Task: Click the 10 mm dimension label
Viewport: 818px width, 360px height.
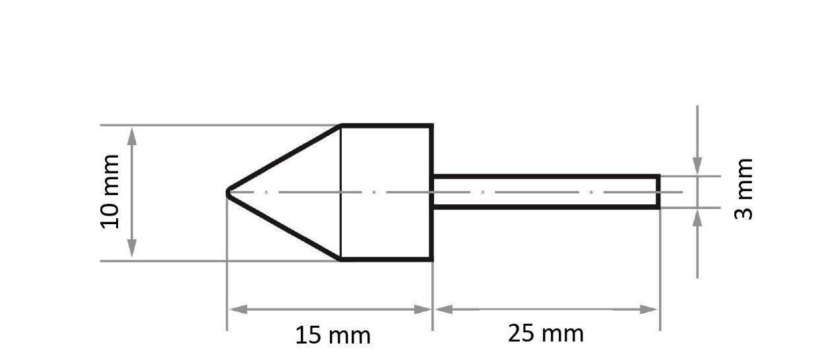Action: (110, 191)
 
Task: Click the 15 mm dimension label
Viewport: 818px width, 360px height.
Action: (332, 336)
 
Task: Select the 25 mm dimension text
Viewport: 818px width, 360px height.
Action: (546, 334)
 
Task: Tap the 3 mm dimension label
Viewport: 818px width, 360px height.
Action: (743, 189)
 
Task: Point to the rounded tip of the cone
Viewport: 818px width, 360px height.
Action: (228, 192)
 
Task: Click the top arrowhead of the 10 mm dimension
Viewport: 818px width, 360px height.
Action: (132, 134)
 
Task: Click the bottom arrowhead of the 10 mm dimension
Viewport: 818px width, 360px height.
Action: (132, 251)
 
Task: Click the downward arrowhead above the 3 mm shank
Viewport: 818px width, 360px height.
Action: (697, 167)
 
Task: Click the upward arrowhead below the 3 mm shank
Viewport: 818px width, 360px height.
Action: (697, 216)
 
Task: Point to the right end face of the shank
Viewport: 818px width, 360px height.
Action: (658, 192)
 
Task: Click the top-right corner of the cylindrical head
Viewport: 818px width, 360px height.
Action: (432, 125)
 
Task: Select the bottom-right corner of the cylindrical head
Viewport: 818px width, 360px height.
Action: (432, 260)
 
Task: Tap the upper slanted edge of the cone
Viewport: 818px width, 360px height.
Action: (284, 158)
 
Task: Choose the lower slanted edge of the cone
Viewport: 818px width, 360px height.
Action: (284, 226)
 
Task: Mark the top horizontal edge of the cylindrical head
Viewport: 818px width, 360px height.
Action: (386, 125)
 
